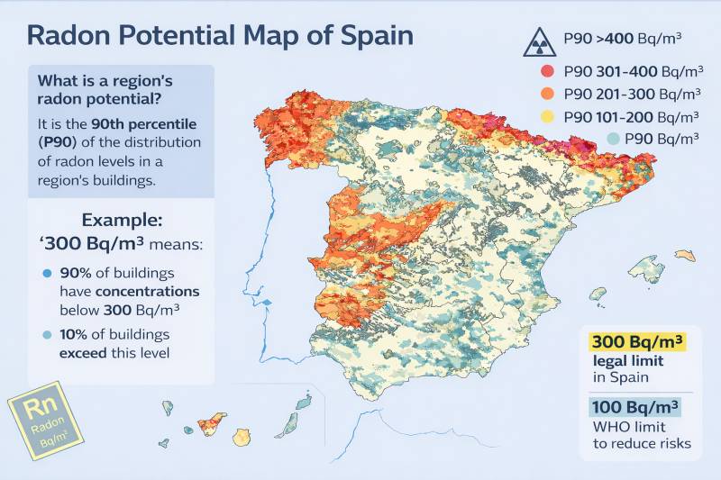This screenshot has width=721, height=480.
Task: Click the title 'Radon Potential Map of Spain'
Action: click(x=220, y=35)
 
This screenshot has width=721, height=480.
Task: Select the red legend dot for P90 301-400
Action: click(x=546, y=71)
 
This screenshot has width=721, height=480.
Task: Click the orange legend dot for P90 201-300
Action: click(x=546, y=94)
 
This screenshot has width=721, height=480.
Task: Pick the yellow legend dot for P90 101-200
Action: click(x=546, y=116)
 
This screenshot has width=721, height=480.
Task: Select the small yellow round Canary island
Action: click(x=242, y=437)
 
